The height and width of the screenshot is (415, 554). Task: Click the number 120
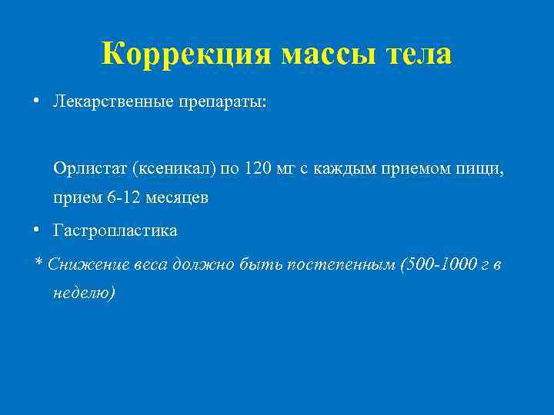pyautogui.click(x=258, y=168)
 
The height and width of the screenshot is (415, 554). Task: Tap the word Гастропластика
pyautogui.click(x=115, y=231)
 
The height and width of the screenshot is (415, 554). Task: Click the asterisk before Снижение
pyautogui.click(x=39, y=264)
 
